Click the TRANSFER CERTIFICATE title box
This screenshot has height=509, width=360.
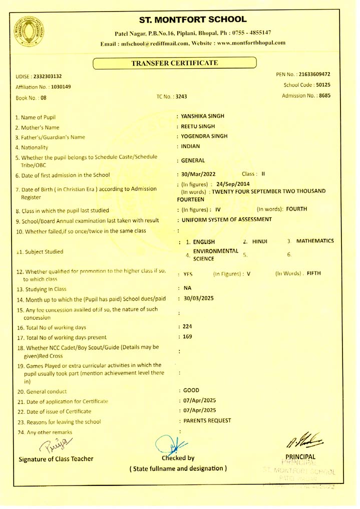(174, 63)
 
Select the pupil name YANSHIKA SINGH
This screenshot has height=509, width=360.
(202, 116)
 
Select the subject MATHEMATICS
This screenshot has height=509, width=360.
(315, 241)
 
